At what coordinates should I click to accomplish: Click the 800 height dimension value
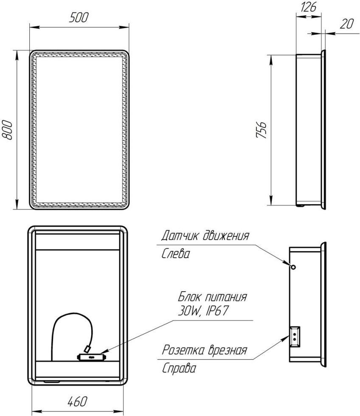(x=7, y=130)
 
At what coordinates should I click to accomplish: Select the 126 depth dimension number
(x=309, y=7)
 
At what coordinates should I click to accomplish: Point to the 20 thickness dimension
(x=346, y=24)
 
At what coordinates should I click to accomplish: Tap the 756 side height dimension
(x=261, y=130)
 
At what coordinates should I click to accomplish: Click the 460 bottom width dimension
(x=77, y=402)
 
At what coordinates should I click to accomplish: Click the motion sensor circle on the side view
(x=293, y=267)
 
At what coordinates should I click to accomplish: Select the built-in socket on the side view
(x=295, y=337)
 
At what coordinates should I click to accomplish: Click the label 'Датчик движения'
(x=205, y=236)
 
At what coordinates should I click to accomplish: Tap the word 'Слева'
(x=176, y=254)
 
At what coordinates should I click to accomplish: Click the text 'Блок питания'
(x=212, y=297)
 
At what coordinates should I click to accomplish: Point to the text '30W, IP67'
(x=203, y=311)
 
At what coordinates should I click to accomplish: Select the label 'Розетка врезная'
(x=205, y=350)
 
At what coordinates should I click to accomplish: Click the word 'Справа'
(x=179, y=368)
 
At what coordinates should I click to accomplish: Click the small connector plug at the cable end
(x=87, y=349)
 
